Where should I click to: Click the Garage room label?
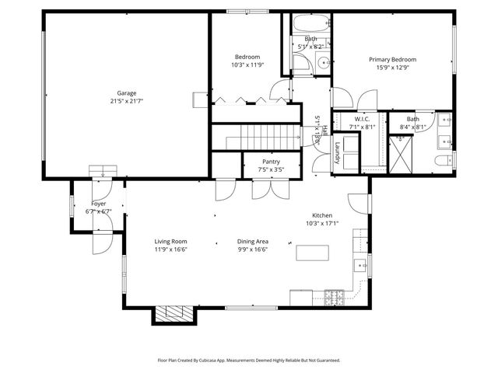click(x=126, y=93)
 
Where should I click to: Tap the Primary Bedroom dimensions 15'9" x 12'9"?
click(x=392, y=68)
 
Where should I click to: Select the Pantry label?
click(x=271, y=161)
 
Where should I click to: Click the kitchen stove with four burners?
click(x=335, y=296)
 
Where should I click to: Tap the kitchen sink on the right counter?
click(x=360, y=266)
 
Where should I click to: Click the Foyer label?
click(x=99, y=204)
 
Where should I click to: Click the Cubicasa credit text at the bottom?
click(x=248, y=361)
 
